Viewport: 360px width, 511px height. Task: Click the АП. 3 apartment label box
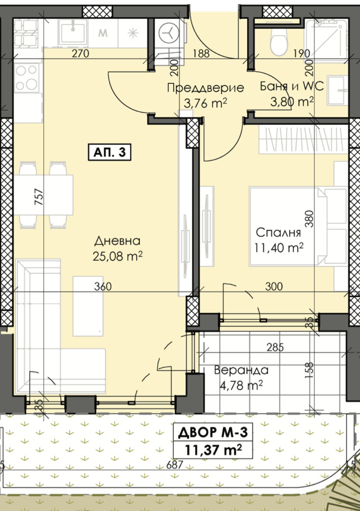110,152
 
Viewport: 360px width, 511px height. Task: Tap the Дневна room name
118,241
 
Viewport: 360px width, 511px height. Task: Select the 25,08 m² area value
118,256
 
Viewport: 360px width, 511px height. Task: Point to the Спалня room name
278,233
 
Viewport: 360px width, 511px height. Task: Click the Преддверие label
205,88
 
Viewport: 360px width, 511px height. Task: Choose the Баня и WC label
292,86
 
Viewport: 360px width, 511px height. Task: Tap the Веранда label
241,370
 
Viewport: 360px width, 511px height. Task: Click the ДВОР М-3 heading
213,433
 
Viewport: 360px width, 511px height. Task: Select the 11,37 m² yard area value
213,450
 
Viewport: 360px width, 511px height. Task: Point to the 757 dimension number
39,197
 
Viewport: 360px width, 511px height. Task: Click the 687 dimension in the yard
175,464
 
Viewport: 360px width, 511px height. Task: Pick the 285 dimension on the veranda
275,348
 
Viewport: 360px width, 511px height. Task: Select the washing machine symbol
169,33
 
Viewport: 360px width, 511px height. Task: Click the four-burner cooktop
27,77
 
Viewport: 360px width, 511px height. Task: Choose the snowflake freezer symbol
133,33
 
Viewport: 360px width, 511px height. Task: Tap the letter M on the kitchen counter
103,33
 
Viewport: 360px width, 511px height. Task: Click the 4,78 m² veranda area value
241,386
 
